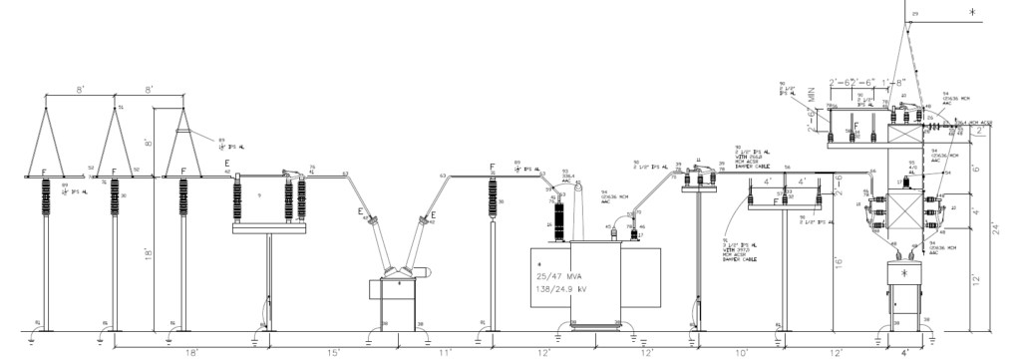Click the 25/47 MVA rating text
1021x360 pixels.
click(x=564, y=275)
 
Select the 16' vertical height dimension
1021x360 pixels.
click(x=840, y=264)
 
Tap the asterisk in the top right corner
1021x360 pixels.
click(x=974, y=15)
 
